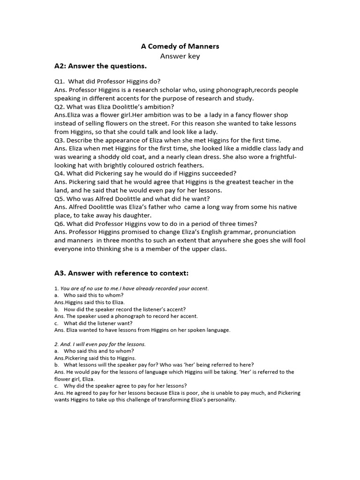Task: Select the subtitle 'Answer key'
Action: click(x=180, y=56)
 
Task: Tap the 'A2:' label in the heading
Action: click(x=62, y=66)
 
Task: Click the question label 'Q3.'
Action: click(x=60, y=140)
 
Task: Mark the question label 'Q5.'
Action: click(x=60, y=198)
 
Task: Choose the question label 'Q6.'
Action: click(x=60, y=224)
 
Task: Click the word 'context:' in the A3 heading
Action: click(x=173, y=273)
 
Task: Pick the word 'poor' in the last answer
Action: click(x=187, y=393)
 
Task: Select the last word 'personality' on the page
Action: click(x=219, y=400)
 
